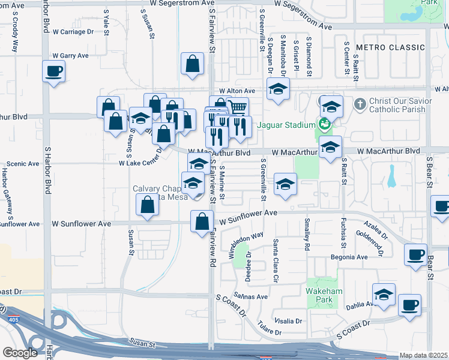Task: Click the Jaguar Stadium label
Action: click(286, 125)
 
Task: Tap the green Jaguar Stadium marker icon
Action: click(325, 125)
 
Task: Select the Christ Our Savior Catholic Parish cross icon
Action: click(360, 104)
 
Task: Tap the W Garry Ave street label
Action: click(71, 56)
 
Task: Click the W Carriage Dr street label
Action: click(73, 31)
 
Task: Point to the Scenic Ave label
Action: click(22, 163)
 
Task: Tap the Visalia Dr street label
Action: click(288, 321)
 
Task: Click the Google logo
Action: click(20, 353)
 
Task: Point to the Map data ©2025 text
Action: click(424, 356)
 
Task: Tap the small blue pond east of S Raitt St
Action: click(391, 176)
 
